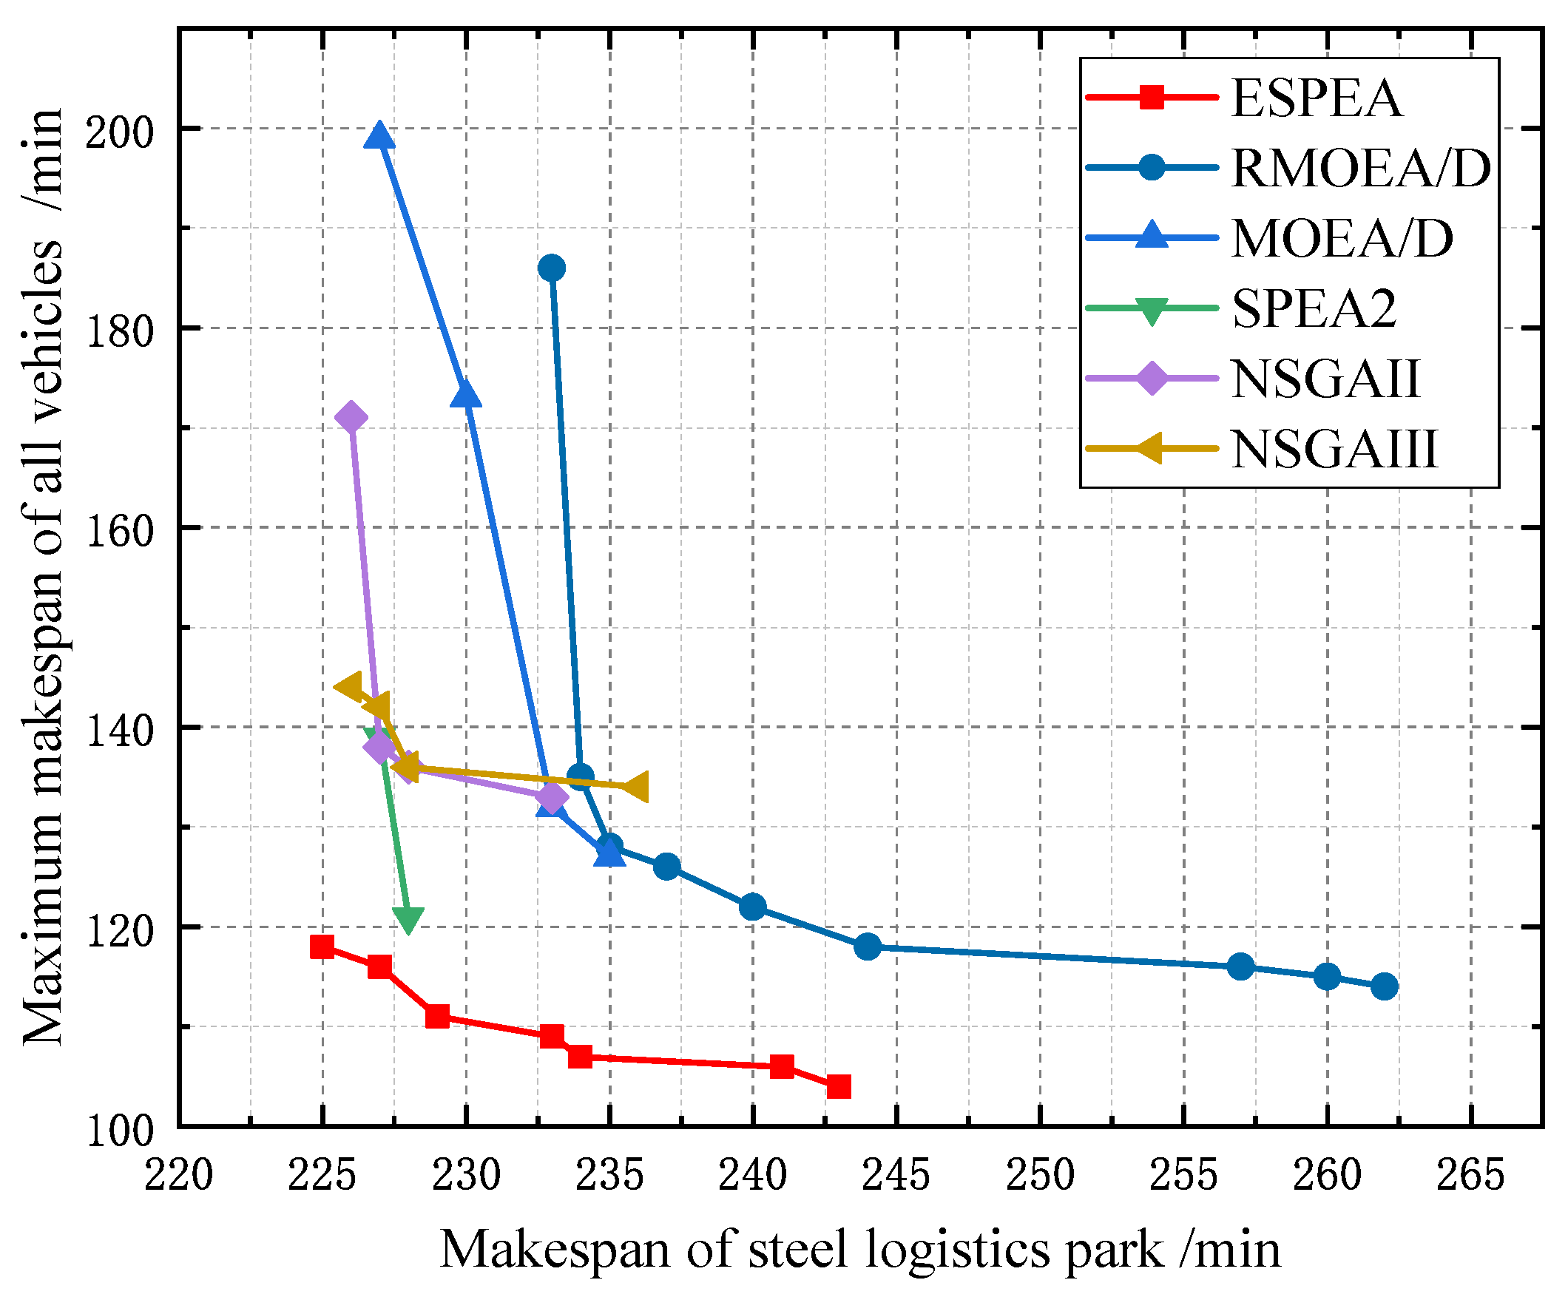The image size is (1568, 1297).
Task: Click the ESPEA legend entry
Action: pos(1316,98)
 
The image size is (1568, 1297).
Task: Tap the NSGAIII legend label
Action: pos(1334,450)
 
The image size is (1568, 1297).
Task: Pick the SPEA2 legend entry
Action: pos(1314,308)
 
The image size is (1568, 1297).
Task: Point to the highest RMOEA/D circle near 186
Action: pos(552,268)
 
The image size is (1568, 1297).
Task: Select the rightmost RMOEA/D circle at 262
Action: pos(1385,986)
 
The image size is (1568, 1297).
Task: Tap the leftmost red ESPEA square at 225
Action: pos(322,946)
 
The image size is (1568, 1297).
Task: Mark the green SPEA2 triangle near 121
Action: pos(408,919)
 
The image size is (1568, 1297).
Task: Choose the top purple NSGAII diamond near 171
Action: pos(351,417)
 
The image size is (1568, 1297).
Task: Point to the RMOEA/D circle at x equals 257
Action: pos(1240,966)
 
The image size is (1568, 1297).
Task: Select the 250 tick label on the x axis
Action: pos(1039,1174)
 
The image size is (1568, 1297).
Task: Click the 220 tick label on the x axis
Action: pos(178,1174)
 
